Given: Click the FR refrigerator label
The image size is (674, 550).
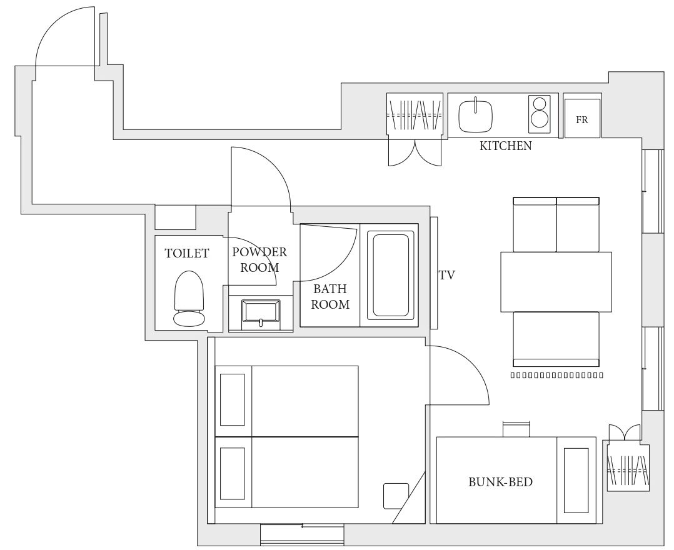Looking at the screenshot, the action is [581, 120].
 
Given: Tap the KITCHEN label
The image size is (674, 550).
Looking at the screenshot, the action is [505, 146].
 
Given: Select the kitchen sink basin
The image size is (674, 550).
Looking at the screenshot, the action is [475, 116].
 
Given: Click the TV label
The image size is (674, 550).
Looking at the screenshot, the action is [446, 275].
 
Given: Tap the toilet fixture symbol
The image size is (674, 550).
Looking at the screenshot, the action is [189, 298].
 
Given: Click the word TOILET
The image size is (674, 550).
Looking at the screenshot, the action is [186, 253].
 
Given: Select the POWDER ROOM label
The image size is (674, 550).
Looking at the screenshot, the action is [259, 259].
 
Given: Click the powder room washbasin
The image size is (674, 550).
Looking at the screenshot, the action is [261, 311].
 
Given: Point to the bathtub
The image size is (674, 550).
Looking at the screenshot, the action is [391, 275].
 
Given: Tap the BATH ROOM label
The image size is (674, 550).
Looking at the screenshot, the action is [330, 296].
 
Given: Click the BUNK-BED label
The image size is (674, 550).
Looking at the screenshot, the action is [500, 482].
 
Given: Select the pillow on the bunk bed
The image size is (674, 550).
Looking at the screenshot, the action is [576, 481].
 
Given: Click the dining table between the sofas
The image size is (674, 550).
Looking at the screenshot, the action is [556, 282].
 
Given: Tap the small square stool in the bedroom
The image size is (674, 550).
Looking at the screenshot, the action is [396, 496].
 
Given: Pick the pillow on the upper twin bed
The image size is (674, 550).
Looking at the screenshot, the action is [233, 399].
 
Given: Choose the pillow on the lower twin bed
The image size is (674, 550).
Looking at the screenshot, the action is [233, 474].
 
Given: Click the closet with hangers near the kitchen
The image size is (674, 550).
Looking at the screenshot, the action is [415, 114].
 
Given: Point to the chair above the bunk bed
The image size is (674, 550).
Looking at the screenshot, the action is [516, 429].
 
